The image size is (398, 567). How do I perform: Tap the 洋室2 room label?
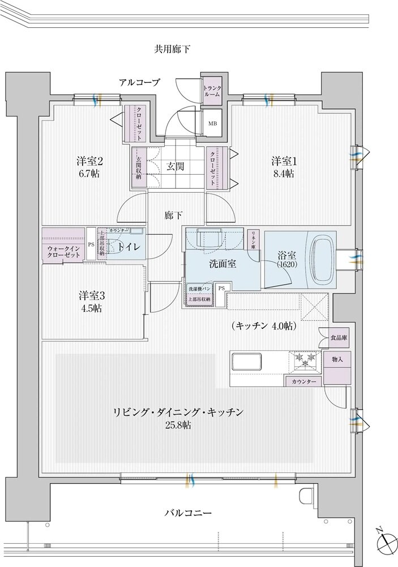pyautogui.click(x=89, y=161)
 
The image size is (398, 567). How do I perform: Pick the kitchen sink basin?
pyautogui.click(x=246, y=361)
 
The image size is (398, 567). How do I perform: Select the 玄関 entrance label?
pyautogui.click(x=175, y=166)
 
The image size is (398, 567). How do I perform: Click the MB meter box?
pyautogui.click(x=212, y=124)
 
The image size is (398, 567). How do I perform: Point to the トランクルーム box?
pyautogui.click(x=212, y=91)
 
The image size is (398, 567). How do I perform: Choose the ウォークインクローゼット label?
pyautogui.click(x=63, y=252)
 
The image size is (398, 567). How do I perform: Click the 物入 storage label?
pyautogui.click(x=338, y=360)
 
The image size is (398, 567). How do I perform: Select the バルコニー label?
pyautogui.click(x=189, y=513)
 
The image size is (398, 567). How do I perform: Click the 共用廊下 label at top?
pyautogui.click(x=172, y=49)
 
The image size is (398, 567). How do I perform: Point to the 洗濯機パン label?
pyautogui.click(x=199, y=289)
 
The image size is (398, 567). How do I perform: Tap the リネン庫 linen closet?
pyautogui.click(x=254, y=242)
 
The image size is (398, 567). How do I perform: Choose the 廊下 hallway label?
pyautogui.click(x=174, y=215)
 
